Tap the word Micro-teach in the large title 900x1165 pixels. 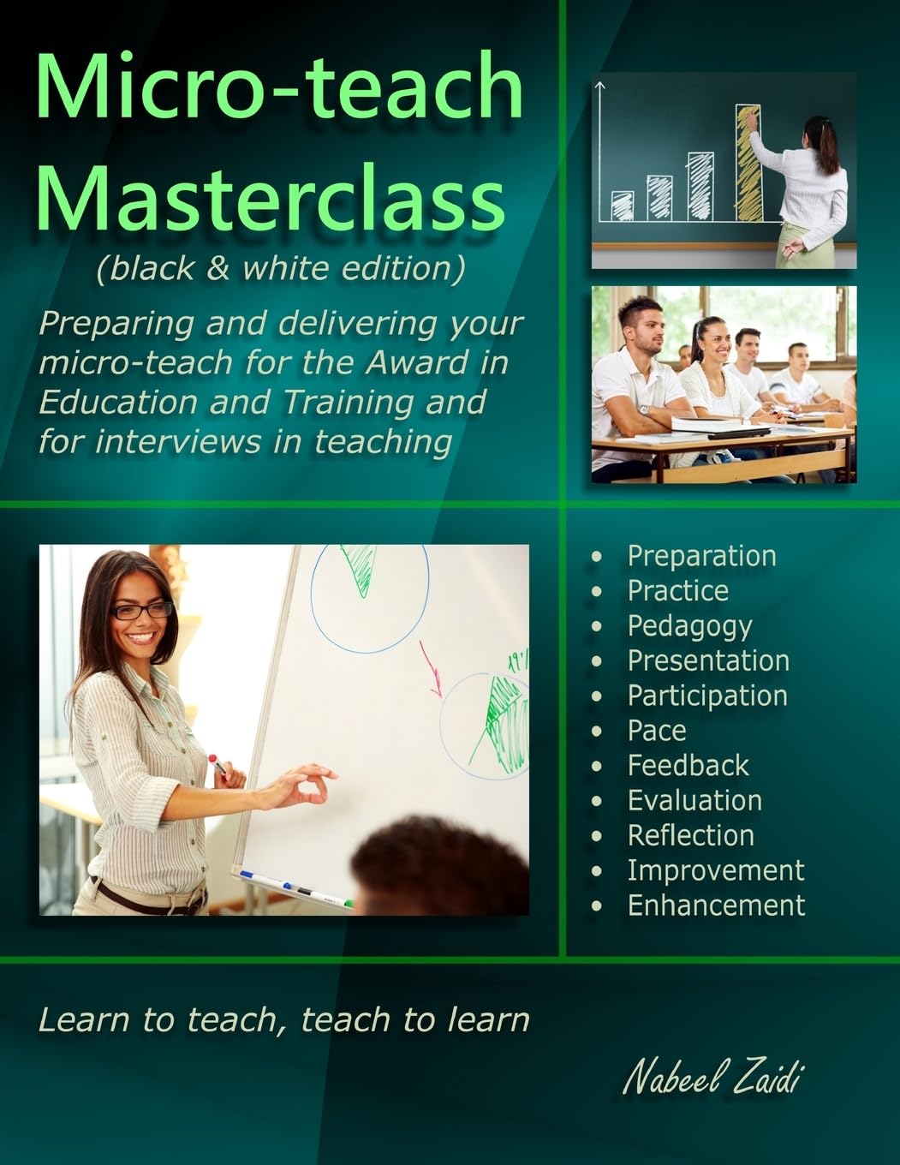279,87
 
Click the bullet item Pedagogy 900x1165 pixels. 689,626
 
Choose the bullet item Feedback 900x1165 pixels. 688,765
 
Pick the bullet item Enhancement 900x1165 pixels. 716,905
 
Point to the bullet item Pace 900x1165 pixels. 656,731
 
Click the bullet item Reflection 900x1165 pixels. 690,835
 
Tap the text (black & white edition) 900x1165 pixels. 281,269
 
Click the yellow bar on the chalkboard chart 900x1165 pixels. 748,163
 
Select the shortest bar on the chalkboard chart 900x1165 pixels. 623,206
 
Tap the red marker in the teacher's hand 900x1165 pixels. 217,765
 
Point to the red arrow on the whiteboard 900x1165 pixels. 430,668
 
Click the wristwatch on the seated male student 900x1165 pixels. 642,409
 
